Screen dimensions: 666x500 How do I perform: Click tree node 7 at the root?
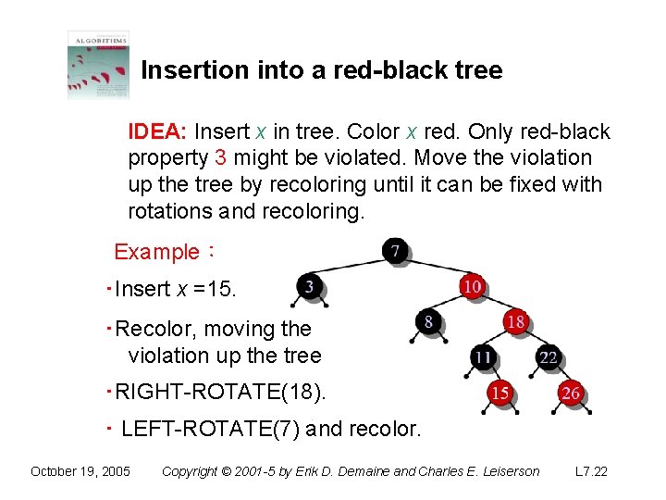tap(396, 251)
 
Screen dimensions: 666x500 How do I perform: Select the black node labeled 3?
tap(310, 287)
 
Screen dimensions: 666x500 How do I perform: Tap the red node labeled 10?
tap(472, 286)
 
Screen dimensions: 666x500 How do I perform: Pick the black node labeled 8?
tap(428, 322)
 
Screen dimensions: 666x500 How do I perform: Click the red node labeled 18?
tap(516, 322)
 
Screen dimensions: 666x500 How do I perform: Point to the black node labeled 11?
tap(483, 357)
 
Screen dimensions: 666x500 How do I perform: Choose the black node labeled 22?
tap(549, 357)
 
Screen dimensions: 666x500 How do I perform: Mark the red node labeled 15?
tap(499, 394)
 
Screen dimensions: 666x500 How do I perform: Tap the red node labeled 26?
tap(571, 394)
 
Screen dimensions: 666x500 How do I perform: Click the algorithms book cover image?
tap(98, 65)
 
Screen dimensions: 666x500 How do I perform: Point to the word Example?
tap(156, 251)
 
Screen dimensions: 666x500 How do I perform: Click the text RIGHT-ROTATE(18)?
tap(221, 393)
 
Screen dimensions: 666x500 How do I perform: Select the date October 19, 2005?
tap(80, 471)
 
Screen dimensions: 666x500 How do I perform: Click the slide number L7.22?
tap(591, 471)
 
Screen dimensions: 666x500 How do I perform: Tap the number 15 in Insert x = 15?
tap(221, 289)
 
